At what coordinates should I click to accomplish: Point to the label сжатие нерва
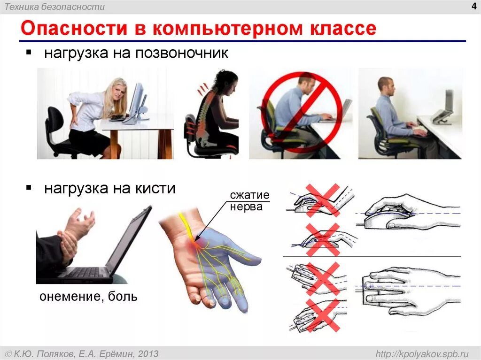point(246,200)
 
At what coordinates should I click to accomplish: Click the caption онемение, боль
point(88,297)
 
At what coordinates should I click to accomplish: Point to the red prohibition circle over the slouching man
point(301,112)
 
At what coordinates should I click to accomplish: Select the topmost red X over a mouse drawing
point(323,199)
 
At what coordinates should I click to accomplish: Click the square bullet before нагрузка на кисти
point(29,188)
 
